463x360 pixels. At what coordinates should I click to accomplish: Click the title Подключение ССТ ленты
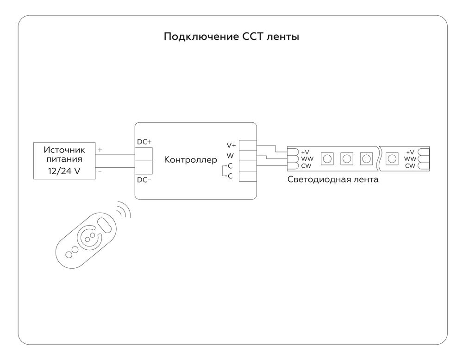click(x=231, y=37)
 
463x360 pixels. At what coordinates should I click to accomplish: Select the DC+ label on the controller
click(x=144, y=142)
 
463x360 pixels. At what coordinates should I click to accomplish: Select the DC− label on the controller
click(x=144, y=180)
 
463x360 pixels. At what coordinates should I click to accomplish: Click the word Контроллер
click(x=190, y=160)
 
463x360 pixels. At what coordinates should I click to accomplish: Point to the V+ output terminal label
click(x=231, y=145)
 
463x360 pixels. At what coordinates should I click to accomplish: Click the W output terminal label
click(x=230, y=156)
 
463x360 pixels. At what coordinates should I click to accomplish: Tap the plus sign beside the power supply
click(x=100, y=150)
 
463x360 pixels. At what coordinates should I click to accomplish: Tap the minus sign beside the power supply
click(x=100, y=171)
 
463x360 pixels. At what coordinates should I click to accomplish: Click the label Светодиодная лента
click(x=332, y=180)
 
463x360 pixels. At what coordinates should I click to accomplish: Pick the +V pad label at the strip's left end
click(x=305, y=152)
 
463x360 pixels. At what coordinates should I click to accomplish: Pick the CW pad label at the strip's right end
click(x=410, y=166)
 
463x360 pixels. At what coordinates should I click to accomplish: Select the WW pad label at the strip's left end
click(x=307, y=159)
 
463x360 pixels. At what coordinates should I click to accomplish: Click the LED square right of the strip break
click(x=392, y=158)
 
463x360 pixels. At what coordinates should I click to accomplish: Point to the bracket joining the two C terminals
click(x=223, y=171)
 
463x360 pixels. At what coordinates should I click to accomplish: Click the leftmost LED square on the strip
click(x=327, y=158)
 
